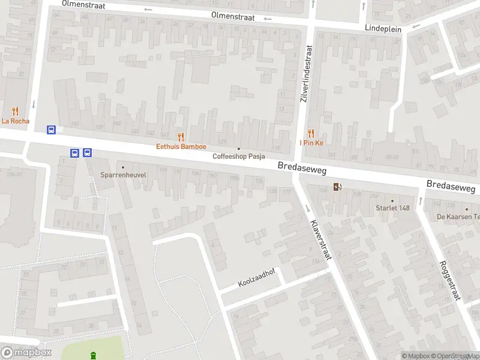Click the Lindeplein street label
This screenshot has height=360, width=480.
(x=383, y=28)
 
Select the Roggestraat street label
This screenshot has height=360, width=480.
(x=449, y=281)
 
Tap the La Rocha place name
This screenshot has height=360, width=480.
(x=15, y=121)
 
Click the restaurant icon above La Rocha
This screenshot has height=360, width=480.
(x=15, y=111)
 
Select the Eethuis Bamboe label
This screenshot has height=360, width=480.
(x=181, y=146)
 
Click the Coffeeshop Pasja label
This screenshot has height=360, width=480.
(x=239, y=157)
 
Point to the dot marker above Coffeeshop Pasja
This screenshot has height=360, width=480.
(x=239, y=148)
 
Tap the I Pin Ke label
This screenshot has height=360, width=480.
(x=311, y=143)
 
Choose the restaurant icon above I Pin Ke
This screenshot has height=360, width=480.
(x=311, y=133)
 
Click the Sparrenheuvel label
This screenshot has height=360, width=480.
(x=124, y=176)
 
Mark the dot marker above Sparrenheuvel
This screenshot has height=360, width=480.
(x=124, y=167)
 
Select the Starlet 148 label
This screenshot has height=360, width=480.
(x=392, y=208)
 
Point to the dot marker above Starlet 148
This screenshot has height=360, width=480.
(x=392, y=200)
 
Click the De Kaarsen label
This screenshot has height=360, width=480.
(x=458, y=217)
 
